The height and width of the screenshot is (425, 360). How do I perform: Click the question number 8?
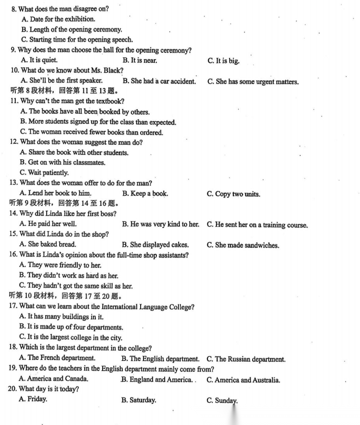13,9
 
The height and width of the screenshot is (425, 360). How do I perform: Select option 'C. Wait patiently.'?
44,173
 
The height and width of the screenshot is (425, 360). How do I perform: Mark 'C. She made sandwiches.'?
243,245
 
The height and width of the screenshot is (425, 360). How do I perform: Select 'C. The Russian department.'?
246,359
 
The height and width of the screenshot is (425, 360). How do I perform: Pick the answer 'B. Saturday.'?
138,400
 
